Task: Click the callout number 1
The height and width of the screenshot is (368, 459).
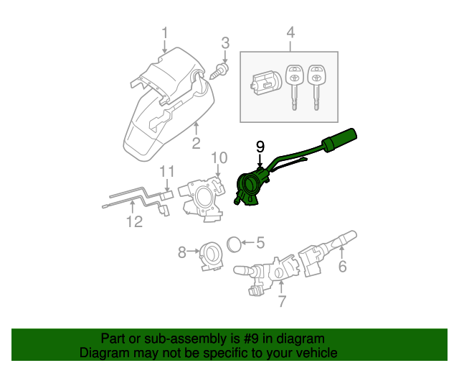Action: pyautogui.click(x=165, y=33)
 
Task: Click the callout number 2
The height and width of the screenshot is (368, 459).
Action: pyautogui.click(x=196, y=144)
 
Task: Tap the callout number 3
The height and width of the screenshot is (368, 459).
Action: pyautogui.click(x=224, y=43)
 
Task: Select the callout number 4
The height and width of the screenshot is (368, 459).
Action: pyautogui.click(x=290, y=33)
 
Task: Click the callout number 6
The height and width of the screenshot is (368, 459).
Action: pyautogui.click(x=342, y=267)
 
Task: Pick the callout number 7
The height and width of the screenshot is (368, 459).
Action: pyautogui.click(x=282, y=302)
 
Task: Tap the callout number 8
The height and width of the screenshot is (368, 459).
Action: pyautogui.click(x=183, y=252)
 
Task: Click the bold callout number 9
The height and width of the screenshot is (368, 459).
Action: pyautogui.click(x=260, y=146)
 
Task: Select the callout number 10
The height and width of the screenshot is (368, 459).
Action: pyautogui.click(x=219, y=157)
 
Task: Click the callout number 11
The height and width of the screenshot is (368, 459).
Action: pyautogui.click(x=166, y=171)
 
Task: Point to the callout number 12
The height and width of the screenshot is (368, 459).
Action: pyautogui.click(x=135, y=222)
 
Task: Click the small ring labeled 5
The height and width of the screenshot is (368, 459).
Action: pyautogui.click(x=235, y=244)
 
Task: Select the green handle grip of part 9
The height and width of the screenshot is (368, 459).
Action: pyautogui.click(x=339, y=140)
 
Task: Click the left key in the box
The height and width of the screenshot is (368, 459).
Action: pyautogui.click(x=293, y=80)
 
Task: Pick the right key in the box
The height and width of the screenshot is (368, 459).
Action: pyautogui.click(x=315, y=80)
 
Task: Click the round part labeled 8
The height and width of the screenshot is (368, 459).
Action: pyautogui.click(x=211, y=252)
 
